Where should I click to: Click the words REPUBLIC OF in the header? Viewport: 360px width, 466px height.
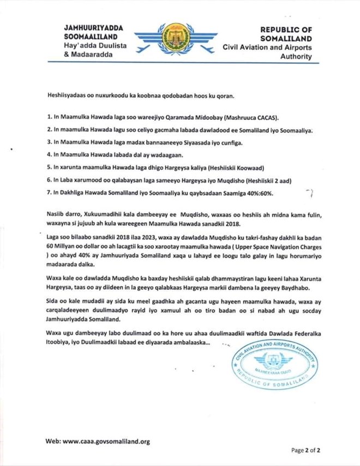coord(286,29)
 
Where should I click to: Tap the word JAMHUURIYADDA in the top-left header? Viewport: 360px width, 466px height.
coord(94,28)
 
